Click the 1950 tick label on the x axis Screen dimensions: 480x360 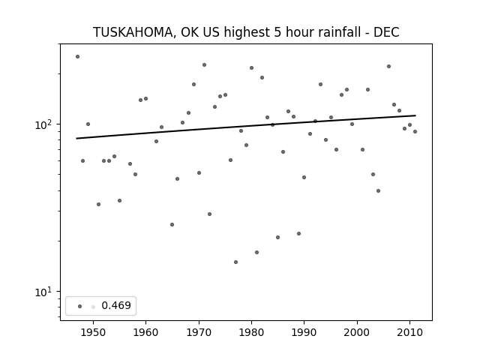(x=93, y=332)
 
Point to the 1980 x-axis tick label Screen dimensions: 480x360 (x=252, y=332)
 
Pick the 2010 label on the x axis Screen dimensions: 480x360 (x=410, y=332)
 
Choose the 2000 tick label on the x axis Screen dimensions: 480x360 (x=357, y=332)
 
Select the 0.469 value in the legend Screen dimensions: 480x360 (x=116, y=305)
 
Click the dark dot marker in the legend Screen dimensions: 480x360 (x=80, y=307)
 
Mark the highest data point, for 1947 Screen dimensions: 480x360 (x=77, y=57)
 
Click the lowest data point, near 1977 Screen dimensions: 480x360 (x=235, y=262)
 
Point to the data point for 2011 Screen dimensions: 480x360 (x=415, y=132)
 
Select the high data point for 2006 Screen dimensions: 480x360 (x=388, y=67)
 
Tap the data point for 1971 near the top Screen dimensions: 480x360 (x=204, y=65)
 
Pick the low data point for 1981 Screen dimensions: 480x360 (x=256, y=252)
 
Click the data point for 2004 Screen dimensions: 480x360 (x=378, y=190)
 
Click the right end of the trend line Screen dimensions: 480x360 (x=415, y=115)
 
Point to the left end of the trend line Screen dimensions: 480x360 (x=76, y=138)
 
